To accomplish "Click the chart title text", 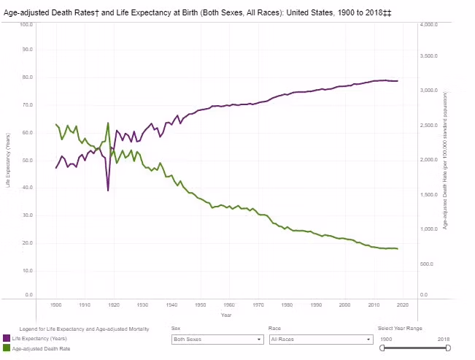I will point(195,12).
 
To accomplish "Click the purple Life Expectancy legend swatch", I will point(7,338).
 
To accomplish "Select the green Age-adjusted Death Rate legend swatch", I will point(7,348).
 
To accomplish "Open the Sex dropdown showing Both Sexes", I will point(217,340).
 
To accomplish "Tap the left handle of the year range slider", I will point(382,348).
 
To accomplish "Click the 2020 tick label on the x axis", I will point(403,304).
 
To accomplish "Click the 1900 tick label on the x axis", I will point(55,304).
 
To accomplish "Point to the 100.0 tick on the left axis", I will point(26,24).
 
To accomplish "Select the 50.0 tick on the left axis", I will point(26,160).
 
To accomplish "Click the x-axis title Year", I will point(227,315).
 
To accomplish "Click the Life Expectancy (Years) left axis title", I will point(8,160).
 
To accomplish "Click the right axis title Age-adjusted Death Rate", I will point(444,160).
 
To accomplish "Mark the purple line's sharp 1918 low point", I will point(108,191).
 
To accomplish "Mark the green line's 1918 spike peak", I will point(108,123).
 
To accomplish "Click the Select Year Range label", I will point(400,329).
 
